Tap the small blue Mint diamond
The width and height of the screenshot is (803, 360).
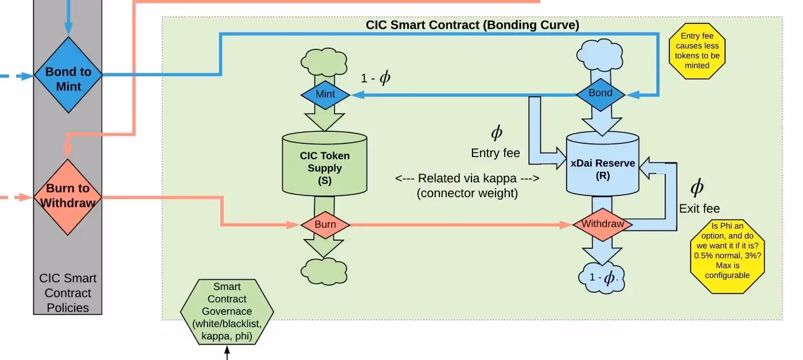325,95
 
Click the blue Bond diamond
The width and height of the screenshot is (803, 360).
601,93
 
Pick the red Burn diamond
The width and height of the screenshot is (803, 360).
325,225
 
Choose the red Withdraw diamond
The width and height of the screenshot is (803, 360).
602,224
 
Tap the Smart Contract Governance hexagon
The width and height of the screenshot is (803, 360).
227,312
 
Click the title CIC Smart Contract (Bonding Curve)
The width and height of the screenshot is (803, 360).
472,25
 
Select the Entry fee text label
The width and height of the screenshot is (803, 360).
496,153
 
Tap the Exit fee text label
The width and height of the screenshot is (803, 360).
699,208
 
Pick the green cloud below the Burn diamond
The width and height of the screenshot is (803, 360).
325,270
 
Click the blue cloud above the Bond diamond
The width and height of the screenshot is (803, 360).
601,56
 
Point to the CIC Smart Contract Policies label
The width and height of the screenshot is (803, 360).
68,293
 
